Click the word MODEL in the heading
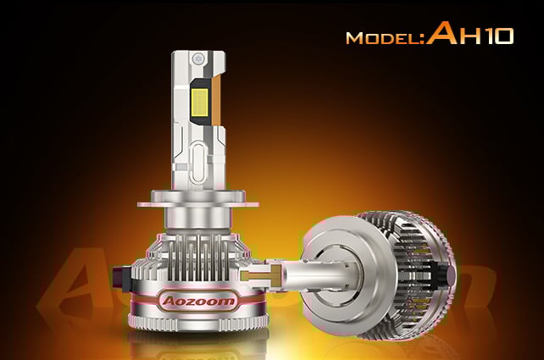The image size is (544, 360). click(383, 38)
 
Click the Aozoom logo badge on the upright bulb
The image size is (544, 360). click(198, 301)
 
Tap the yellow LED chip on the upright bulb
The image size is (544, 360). click(200, 102)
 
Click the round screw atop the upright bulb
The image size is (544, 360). click(198, 58)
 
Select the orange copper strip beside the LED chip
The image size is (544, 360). click(216, 101)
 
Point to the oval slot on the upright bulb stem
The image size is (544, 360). click(199, 163)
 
